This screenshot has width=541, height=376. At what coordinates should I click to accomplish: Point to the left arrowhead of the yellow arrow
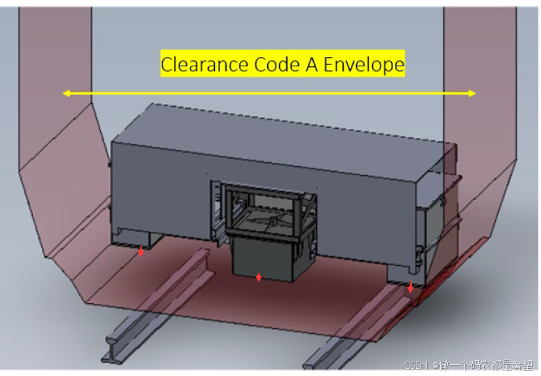pos(65,93)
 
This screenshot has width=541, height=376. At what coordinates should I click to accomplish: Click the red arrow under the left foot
pos(141,251)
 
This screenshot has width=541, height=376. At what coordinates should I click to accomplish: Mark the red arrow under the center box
pos(259,278)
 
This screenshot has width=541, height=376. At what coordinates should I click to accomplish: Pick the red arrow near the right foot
pos(411,287)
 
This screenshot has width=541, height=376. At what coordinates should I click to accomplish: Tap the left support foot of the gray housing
pos(136,238)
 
